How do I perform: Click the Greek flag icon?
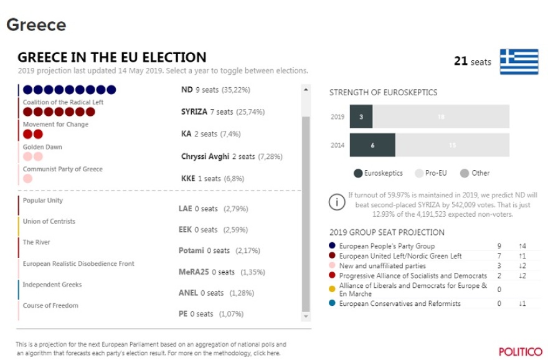[x=519, y=62]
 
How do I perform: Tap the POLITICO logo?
[x=520, y=351]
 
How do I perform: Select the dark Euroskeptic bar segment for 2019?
[x=361, y=116]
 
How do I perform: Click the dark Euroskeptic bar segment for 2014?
[x=372, y=145]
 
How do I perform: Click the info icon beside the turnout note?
[x=336, y=203]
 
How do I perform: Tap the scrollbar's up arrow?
[x=305, y=90]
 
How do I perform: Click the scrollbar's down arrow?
[x=305, y=316]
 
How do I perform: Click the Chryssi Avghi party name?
[x=203, y=156]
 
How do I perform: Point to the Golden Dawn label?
[x=42, y=147]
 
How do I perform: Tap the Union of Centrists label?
[x=49, y=222]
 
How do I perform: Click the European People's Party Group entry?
[x=387, y=246]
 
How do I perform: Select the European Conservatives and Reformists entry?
[x=400, y=304]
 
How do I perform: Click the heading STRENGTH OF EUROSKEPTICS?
[x=383, y=93]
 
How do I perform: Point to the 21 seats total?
[x=473, y=62]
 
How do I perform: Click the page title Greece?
[x=36, y=25]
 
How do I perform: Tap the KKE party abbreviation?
[x=187, y=178]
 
